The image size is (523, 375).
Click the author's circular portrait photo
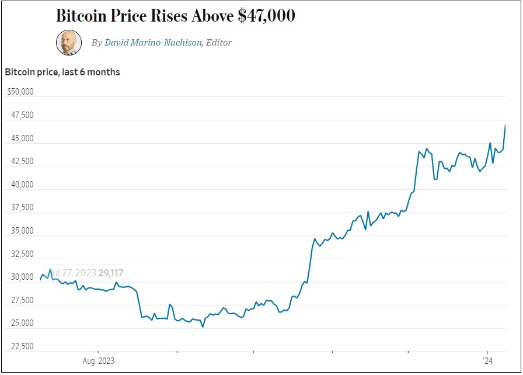[x=68, y=43]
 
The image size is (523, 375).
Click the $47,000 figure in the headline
[x=266, y=16]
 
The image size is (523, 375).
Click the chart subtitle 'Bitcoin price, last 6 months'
[x=62, y=72]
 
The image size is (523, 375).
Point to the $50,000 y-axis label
[x=20, y=92]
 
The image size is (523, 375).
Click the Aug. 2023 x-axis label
[x=99, y=360]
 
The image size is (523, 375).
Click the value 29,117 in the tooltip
[x=111, y=273]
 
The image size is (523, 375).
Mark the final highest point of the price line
[x=505, y=125]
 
